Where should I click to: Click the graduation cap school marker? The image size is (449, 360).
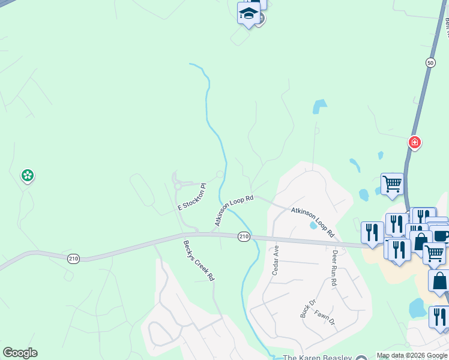249,13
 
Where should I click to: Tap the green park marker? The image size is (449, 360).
27,176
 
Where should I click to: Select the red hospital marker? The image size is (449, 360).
414,142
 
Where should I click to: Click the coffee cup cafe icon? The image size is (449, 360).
441,235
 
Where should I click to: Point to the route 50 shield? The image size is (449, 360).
430,62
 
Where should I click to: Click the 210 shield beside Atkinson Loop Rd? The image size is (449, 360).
243,237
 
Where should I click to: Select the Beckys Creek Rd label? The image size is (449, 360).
199,260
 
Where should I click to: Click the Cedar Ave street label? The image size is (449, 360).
276,260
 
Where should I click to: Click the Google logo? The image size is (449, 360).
20,353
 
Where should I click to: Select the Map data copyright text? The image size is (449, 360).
412,355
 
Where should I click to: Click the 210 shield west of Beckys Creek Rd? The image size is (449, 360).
73,258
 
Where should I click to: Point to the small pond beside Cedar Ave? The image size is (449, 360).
313,226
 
